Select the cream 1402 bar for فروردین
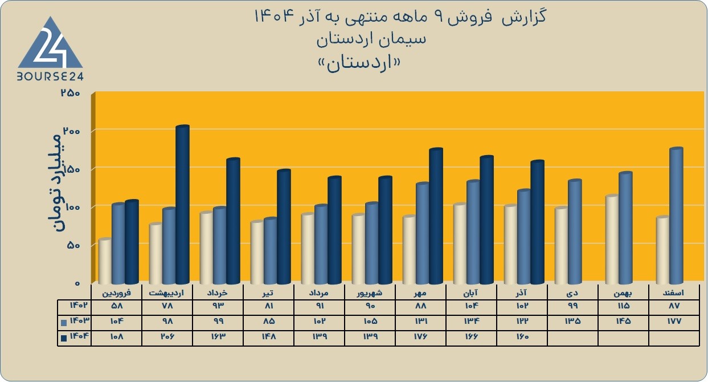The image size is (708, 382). (x=105, y=261)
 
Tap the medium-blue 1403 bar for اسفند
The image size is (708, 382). (x=676, y=216)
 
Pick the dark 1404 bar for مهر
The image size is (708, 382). (x=436, y=216)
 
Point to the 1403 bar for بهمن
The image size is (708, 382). (x=625, y=228)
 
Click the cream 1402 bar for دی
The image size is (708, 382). (x=562, y=245)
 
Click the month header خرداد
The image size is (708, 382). (x=218, y=293)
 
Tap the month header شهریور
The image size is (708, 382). (x=370, y=293)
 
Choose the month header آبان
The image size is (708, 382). (x=471, y=293)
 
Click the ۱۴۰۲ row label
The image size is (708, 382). (x=79, y=306)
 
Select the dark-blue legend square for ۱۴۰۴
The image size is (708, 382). (x=64, y=338)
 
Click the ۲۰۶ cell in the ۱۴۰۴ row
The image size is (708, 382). (x=167, y=337)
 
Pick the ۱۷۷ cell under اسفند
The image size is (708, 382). (x=674, y=321)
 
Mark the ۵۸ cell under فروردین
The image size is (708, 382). (x=117, y=306)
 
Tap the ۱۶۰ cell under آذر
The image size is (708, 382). (x=522, y=337)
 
